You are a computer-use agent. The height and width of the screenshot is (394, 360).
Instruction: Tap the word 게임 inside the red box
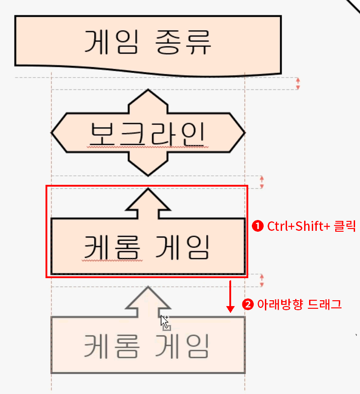183,247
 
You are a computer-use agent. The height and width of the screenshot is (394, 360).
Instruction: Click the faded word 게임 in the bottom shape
183,346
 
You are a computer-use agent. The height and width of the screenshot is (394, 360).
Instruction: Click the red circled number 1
257,226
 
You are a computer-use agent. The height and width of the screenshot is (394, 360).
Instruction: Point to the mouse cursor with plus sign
165,322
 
